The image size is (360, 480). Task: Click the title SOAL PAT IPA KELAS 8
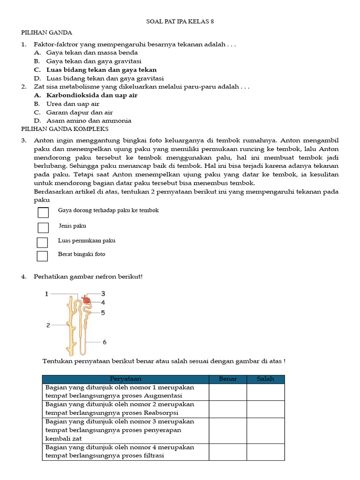(x=180, y=22)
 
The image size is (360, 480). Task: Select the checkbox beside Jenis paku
(x=43, y=228)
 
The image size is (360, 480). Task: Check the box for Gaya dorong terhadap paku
(x=43, y=213)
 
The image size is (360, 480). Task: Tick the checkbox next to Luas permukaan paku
(x=43, y=242)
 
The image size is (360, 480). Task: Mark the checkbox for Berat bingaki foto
(x=43, y=256)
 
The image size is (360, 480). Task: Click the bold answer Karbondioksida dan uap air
(x=91, y=95)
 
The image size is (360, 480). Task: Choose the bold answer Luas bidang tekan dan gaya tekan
(x=101, y=70)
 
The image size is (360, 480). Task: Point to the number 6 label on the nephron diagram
(x=104, y=342)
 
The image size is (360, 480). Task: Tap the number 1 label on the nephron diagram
(x=47, y=294)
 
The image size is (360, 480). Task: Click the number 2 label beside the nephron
(x=48, y=324)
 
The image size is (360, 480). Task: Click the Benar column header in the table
(x=228, y=379)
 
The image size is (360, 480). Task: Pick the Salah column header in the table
(x=265, y=379)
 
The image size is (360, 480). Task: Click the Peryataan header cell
(x=126, y=379)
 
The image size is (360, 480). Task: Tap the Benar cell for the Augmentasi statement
(x=228, y=392)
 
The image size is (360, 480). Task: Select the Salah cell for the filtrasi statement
(x=265, y=452)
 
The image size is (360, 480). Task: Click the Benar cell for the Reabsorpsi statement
(x=228, y=409)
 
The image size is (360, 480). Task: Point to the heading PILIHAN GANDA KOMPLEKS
(x=65, y=128)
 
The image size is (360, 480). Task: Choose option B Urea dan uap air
(x=73, y=104)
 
